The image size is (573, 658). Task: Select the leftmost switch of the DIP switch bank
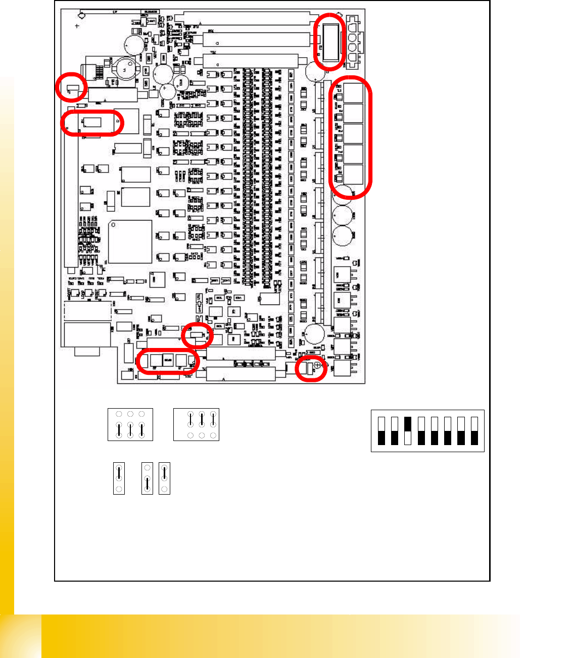[x=381, y=430]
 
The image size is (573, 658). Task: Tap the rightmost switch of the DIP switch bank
[x=474, y=430]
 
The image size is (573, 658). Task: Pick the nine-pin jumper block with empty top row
[x=130, y=424]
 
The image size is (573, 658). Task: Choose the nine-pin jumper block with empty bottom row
[x=196, y=424]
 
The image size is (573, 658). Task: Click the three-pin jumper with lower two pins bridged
[x=147, y=478]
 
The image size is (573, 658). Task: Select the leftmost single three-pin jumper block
[x=119, y=478]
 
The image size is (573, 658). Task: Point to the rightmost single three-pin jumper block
[x=164, y=478]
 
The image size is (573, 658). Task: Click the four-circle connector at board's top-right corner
[x=352, y=40]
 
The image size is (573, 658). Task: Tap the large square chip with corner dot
[x=130, y=241]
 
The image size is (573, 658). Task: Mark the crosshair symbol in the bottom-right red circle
[x=317, y=365]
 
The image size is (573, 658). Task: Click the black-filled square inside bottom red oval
[x=168, y=360]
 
